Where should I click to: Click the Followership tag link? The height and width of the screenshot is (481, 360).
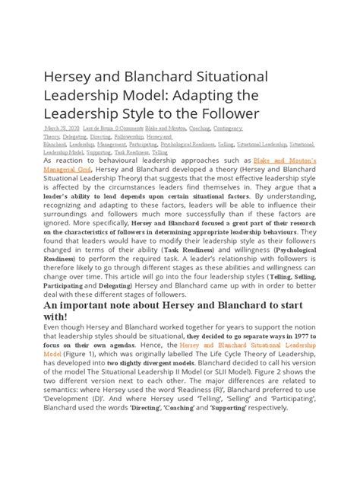tap(134, 136)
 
